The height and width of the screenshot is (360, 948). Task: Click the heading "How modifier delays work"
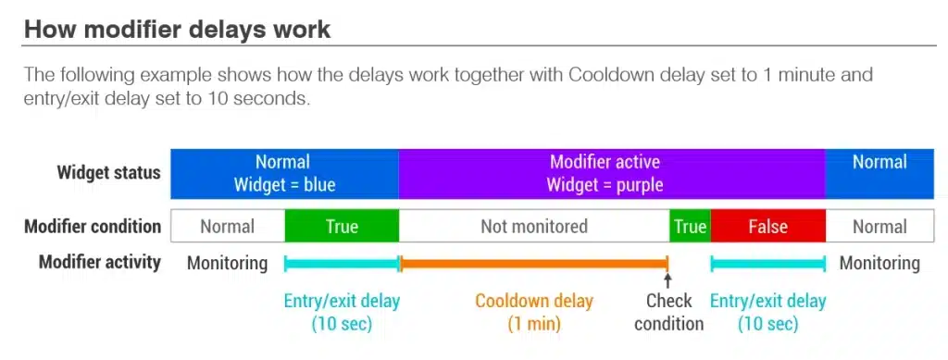tap(178, 29)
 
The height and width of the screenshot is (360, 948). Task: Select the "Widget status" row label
tap(109, 173)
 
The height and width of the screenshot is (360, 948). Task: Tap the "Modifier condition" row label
tap(93, 227)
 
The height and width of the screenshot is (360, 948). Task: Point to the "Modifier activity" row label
tap(100, 262)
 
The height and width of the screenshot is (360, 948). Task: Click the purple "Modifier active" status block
tap(612, 173)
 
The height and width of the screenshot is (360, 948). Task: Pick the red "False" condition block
tap(767, 227)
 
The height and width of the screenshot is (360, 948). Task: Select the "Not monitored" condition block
tap(534, 227)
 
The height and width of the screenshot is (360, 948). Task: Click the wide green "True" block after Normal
tap(342, 227)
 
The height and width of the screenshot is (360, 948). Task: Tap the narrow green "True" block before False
tap(690, 227)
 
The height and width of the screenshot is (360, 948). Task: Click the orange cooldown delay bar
tap(534, 264)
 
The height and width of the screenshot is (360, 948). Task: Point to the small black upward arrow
tap(667, 280)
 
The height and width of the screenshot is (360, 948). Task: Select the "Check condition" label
tap(668, 312)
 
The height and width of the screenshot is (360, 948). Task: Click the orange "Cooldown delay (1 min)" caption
tap(534, 312)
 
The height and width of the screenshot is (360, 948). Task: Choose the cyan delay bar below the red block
tap(767, 264)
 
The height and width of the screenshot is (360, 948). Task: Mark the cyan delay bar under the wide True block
tap(342, 264)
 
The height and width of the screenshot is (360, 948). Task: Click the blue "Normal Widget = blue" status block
tap(285, 173)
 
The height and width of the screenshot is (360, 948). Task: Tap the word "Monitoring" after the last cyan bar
tap(879, 263)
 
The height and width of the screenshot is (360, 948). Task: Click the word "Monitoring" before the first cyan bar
tap(227, 263)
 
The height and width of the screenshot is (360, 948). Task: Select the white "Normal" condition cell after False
tap(879, 227)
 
